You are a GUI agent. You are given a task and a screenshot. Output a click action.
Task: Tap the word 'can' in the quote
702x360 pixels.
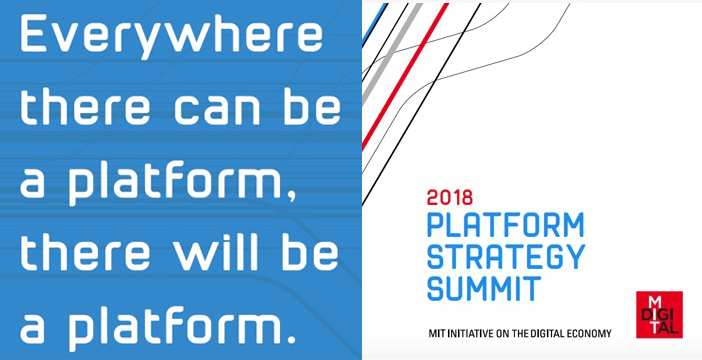point(195,110)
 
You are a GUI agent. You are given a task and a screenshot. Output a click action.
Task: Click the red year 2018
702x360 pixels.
point(450,197)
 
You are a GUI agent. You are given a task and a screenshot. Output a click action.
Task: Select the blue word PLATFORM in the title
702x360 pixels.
point(505,225)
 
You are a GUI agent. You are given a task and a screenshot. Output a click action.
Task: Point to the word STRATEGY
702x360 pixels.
point(505,257)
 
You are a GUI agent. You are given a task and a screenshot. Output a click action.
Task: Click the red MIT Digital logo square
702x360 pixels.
point(658,314)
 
